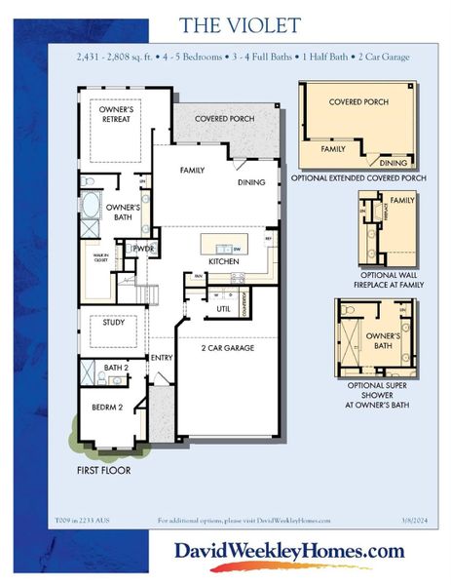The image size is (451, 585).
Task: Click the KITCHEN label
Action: (224, 261)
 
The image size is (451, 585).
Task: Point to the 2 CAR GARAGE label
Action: (228, 347)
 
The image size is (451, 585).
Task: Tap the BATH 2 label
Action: (117, 368)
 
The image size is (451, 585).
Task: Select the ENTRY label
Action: (162, 358)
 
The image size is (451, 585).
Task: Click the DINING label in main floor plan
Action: (251, 182)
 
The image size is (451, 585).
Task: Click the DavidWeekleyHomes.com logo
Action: (289, 552)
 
